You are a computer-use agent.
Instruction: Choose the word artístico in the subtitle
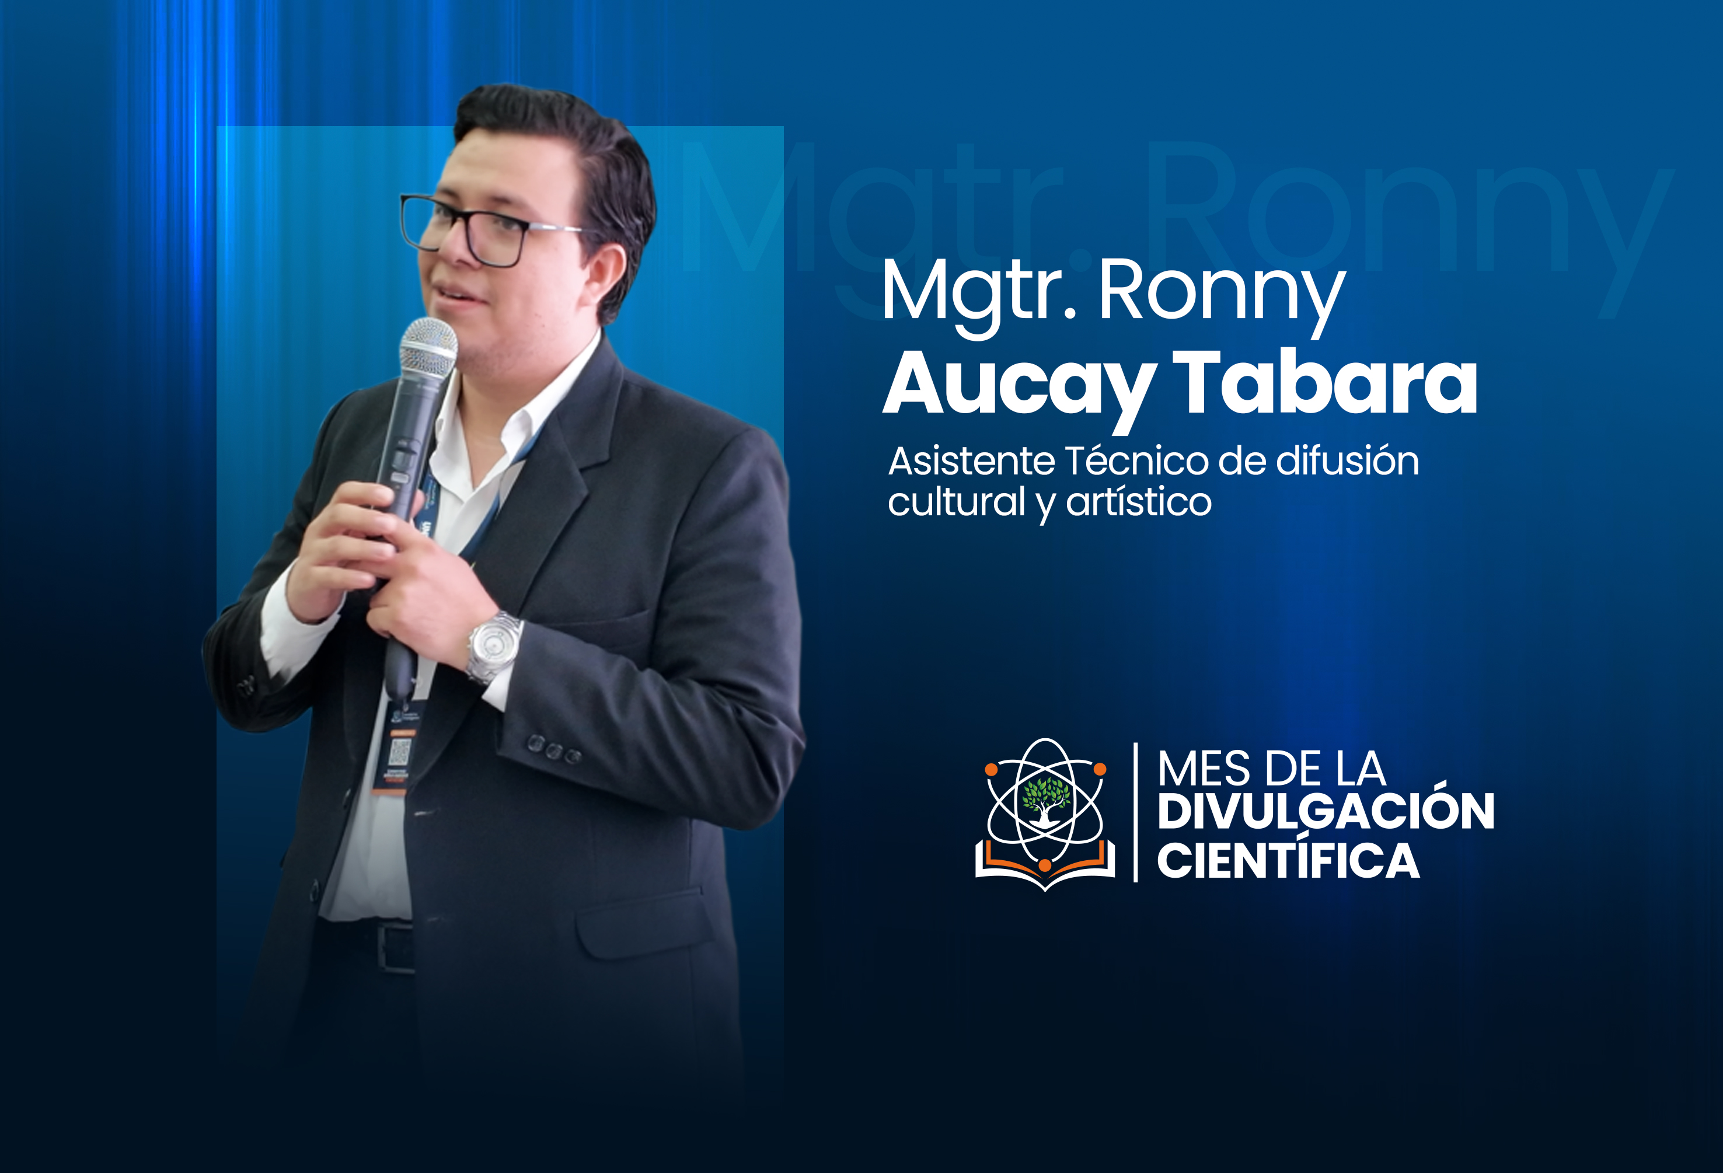click(1139, 502)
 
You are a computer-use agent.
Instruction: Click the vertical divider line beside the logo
click(1136, 812)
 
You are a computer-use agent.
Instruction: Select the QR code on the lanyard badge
click(400, 751)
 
